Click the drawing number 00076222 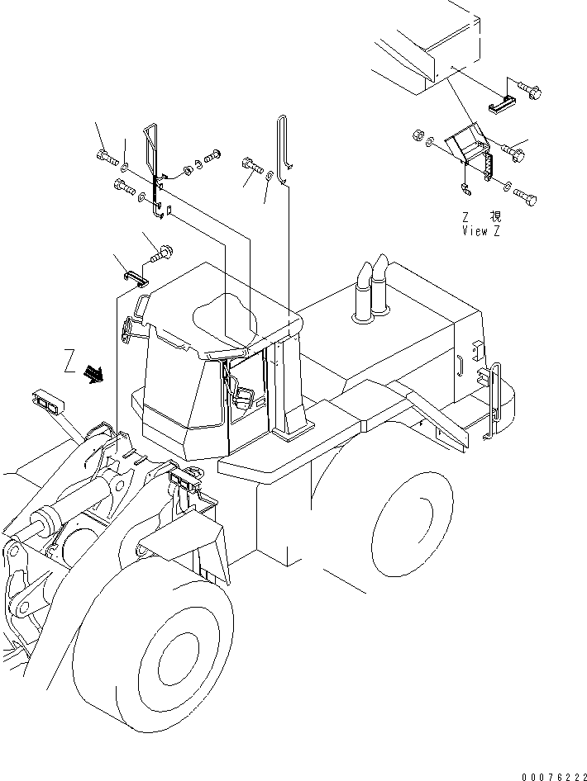coord(552,776)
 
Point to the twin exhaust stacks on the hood coord(371,286)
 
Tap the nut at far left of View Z coord(418,135)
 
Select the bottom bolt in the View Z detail coord(524,197)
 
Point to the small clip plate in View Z coord(503,103)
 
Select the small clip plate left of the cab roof coord(136,276)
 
